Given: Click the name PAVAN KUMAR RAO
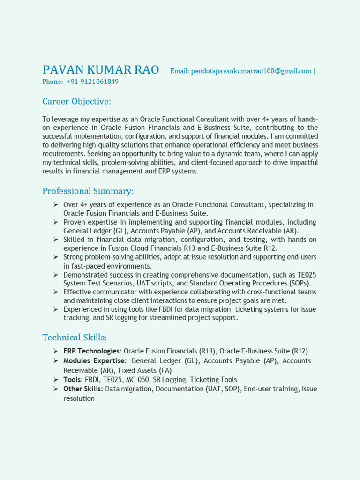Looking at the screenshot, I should pyautogui.click(x=100, y=70).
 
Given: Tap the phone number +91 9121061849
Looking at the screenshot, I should pyautogui.click(x=93, y=82).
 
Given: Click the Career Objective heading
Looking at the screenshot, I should pyautogui.click(x=76, y=102).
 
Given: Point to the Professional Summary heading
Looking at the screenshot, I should pyautogui.click(x=88, y=191).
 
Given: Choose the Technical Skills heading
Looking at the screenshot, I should pyautogui.click(x=75, y=337).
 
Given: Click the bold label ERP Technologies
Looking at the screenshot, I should pyautogui.click(x=92, y=351).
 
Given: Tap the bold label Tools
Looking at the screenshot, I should pyautogui.click(x=73, y=380).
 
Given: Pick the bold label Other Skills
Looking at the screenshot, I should pyautogui.click(x=83, y=389).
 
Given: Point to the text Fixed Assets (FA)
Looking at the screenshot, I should pyautogui.click(x=145, y=370).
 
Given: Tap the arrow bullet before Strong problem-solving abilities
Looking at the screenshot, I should pyautogui.click(x=55, y=257).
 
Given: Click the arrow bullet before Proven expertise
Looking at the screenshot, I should pyautogui.click(x=55, y=222).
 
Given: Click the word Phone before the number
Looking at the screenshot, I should pyautogui.click(x=52, y=82).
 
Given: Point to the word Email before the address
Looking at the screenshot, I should pyautogui.click(x=179, y=71).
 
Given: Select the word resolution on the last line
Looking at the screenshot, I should pyautogui.click(x=79, y=398).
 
